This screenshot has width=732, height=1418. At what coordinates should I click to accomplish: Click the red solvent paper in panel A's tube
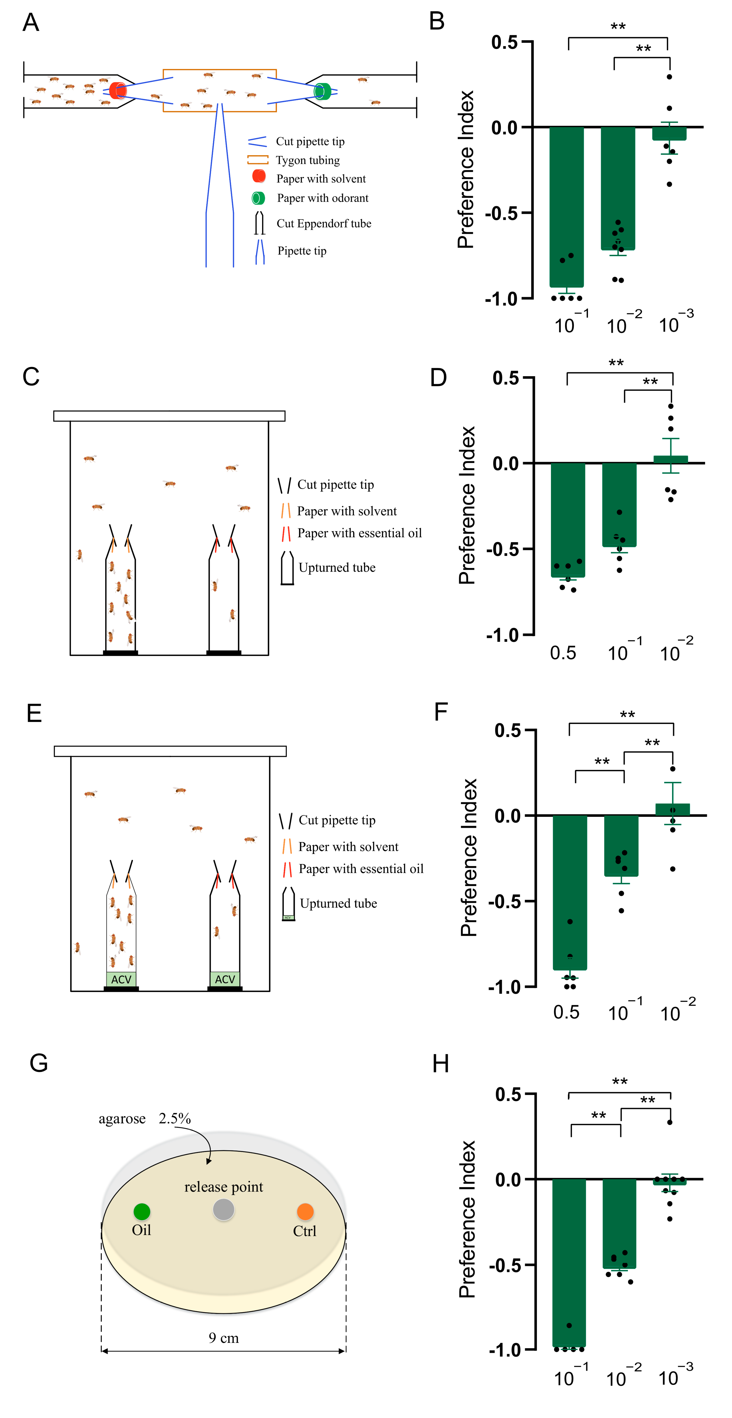click(x=118, y=90)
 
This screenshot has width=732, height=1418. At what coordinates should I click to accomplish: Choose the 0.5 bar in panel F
click(x=570, y=892)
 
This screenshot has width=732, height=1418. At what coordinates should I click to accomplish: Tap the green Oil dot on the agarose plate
click(x=142, y=1211)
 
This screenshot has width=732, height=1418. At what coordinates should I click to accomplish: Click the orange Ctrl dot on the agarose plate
click(x=305, y=1211)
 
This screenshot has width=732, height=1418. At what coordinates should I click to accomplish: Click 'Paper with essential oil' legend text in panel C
click(x=359, y=533)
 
